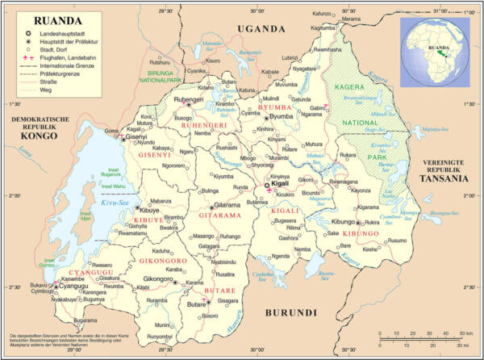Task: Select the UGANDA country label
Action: click(x=261, y=29)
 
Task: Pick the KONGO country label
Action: click(x=31, y=136)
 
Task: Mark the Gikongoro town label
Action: click(x=159, y=279)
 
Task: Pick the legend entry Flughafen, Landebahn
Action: click(x=62, y=57)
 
